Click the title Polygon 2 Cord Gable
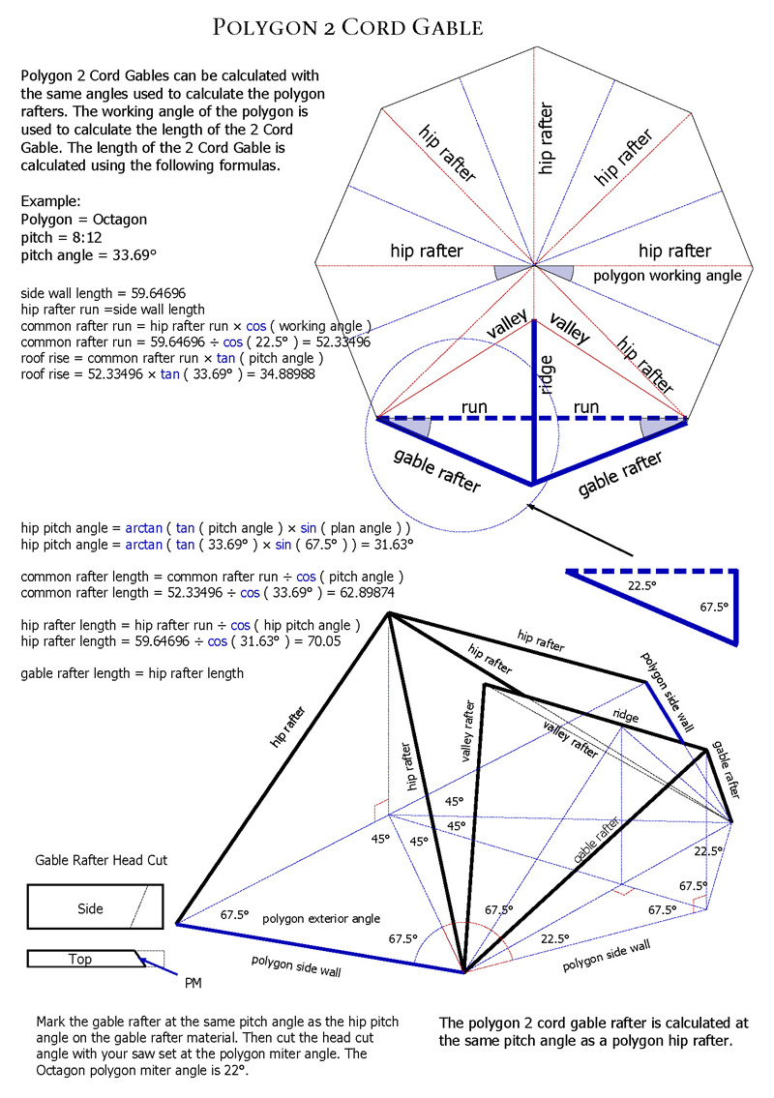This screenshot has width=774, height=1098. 347,27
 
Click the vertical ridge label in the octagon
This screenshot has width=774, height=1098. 547,374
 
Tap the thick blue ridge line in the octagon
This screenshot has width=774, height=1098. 534,401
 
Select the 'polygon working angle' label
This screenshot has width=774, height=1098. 668,276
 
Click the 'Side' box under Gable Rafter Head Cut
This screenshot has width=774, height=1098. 95,906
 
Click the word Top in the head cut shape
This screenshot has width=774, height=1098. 80,960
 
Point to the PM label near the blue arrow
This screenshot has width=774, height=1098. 193,983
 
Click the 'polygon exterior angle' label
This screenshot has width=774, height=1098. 321,919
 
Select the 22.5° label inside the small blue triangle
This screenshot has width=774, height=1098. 641,585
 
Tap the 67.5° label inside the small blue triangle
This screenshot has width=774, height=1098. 714,608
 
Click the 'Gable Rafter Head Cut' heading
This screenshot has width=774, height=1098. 102,860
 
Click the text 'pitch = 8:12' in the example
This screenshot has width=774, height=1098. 61,237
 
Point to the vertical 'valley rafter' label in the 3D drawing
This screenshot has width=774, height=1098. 468,730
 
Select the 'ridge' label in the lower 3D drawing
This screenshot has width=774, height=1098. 626,716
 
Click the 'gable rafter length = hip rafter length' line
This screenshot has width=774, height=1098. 133,673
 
